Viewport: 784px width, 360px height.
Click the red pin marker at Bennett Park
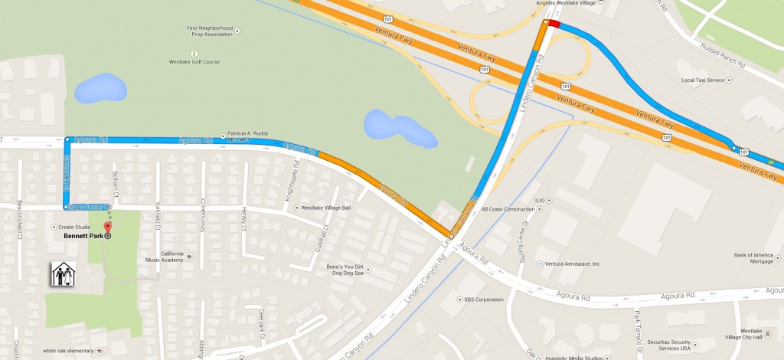107,227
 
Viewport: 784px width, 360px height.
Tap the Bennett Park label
83,236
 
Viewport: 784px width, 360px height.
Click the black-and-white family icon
63,273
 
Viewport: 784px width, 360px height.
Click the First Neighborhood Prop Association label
210,31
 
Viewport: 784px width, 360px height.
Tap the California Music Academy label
162,257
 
